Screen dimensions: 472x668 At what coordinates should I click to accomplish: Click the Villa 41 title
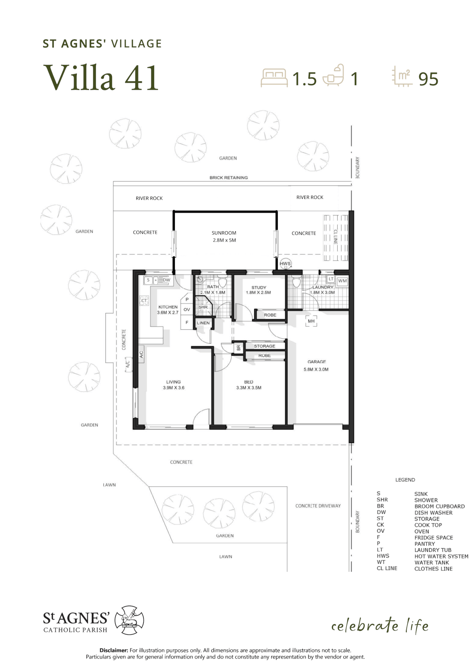click(101, 77)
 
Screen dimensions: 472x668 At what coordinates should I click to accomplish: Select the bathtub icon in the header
click(334, 75)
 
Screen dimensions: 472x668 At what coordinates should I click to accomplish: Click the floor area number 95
click(428, 79)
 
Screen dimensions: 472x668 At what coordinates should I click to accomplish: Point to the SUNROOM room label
click(224, 233)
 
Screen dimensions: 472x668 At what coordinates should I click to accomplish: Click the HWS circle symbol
click(285, 263)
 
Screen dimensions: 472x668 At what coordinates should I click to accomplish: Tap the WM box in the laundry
click(342, 281)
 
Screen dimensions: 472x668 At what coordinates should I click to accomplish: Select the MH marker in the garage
click(311, 321)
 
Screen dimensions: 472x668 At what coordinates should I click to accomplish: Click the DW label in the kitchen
click(166, 280)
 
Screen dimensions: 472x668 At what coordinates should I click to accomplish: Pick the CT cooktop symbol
click(144, 301)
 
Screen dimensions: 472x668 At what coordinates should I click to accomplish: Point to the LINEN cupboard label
click(203, 323)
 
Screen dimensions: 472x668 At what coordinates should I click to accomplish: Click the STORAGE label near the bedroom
click(264, 346)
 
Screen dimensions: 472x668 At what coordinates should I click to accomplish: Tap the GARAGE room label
click(317, 362)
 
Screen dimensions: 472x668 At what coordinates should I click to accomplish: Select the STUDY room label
click(259, 287)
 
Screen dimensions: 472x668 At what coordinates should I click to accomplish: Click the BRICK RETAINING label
click(229, 177)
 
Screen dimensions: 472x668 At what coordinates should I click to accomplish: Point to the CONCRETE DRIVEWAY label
click(318, 506)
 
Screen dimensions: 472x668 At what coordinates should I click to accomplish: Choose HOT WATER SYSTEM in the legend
click(441, 556)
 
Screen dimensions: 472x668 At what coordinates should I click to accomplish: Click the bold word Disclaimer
click(114, 650)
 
